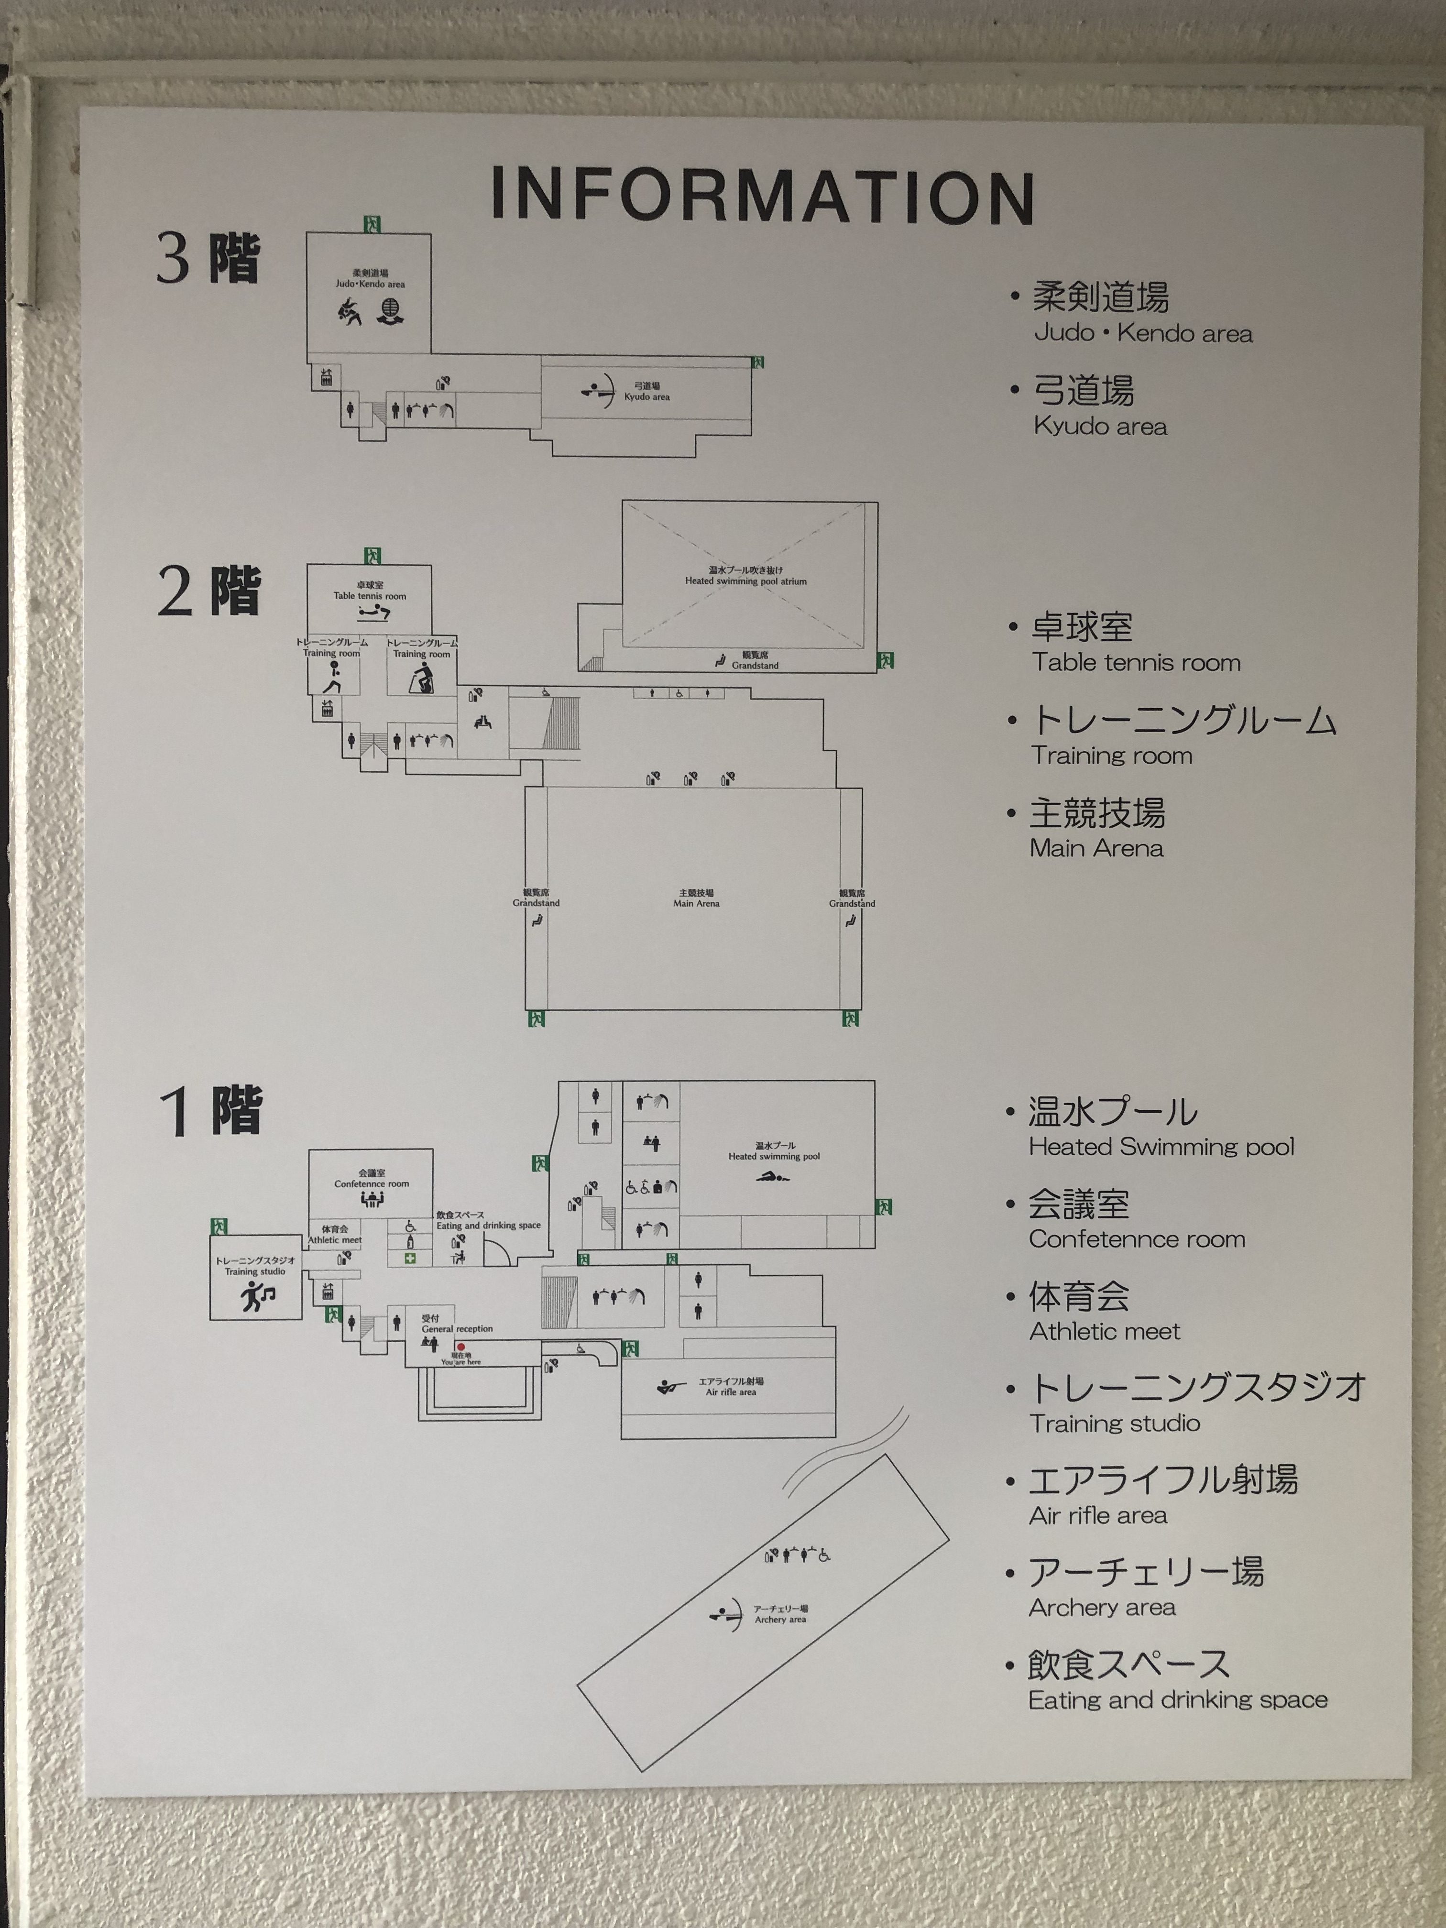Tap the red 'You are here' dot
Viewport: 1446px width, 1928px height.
(x=461, y=1347)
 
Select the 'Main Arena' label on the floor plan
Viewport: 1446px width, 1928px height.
(x=696, y=898)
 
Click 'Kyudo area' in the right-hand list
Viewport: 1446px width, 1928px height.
(x=1099, y=426)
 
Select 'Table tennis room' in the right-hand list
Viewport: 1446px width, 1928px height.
(x=1136, y=662)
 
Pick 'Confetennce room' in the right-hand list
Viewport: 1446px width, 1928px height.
(x=1137, y=1238)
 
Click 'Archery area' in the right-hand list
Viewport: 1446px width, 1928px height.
(x=1102, y=1607)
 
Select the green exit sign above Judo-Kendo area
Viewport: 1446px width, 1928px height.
(x=372, y=225)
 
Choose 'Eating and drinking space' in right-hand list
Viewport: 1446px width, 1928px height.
(x=1178, y=1699)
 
